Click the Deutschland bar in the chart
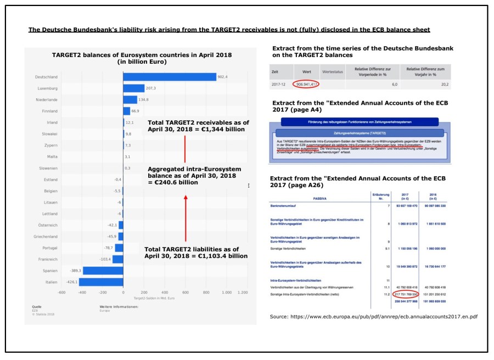click(x=170, y=77)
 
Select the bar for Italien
click(x=101, y=282)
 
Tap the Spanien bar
click(x=103, y=271)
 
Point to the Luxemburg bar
click(x=133, y=88)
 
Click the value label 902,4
click(x=222, y=77)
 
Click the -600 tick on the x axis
click(x=61, y=293)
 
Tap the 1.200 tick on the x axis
click(x=243, y=293)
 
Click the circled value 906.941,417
click(x=302, y=85)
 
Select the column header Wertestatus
click(x=333, y=72)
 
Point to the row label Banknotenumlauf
click(x=289, y=205)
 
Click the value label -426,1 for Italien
click(x=71, y=282)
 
